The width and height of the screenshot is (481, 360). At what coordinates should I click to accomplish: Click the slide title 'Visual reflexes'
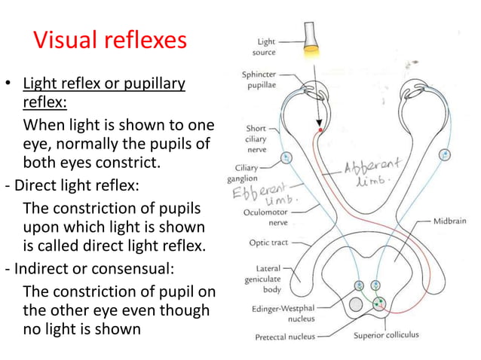[110, 41]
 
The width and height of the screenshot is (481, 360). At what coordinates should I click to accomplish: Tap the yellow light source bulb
[311, 40]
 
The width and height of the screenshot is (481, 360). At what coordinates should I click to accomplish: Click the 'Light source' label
[266, 47]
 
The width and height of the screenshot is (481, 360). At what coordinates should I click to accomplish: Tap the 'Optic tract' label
[268, 243]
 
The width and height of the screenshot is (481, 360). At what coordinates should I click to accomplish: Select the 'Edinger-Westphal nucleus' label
[280, 314]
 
